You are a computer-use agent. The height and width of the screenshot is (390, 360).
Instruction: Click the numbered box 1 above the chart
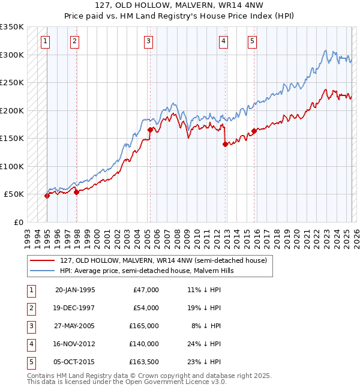[46, 41]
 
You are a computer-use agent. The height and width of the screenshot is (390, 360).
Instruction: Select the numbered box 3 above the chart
[148, 41]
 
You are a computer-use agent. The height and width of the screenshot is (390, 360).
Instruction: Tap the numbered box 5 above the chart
[251, 41]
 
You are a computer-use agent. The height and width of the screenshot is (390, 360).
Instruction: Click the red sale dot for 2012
[225, 144]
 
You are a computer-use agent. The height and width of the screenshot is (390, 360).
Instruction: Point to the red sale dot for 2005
[150, 130]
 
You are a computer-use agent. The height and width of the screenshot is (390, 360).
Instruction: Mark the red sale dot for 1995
[47, 196]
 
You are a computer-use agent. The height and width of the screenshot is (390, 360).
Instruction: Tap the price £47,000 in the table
[146, 290]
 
